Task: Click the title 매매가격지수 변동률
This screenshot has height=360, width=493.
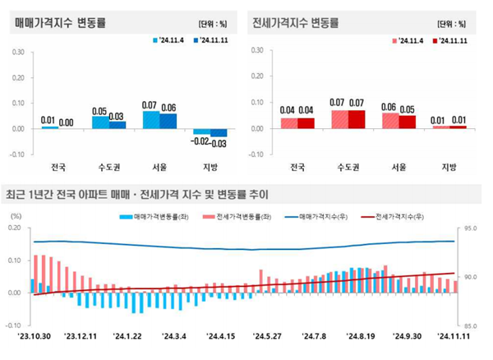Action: tap(66, 20)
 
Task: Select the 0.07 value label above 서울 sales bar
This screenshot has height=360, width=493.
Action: tap(150, 105)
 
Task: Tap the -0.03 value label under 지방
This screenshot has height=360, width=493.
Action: tap(218, 144)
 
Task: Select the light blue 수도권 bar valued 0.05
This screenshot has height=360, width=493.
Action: tap(99, 122)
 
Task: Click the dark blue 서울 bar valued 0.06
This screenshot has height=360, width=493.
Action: tap(168, 121)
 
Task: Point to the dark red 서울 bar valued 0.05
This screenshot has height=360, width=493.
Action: tap(408, 122)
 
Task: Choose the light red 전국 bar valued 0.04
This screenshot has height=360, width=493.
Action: tap(288, 123)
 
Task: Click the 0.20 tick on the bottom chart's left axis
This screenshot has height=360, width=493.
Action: tap(14, 228)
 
